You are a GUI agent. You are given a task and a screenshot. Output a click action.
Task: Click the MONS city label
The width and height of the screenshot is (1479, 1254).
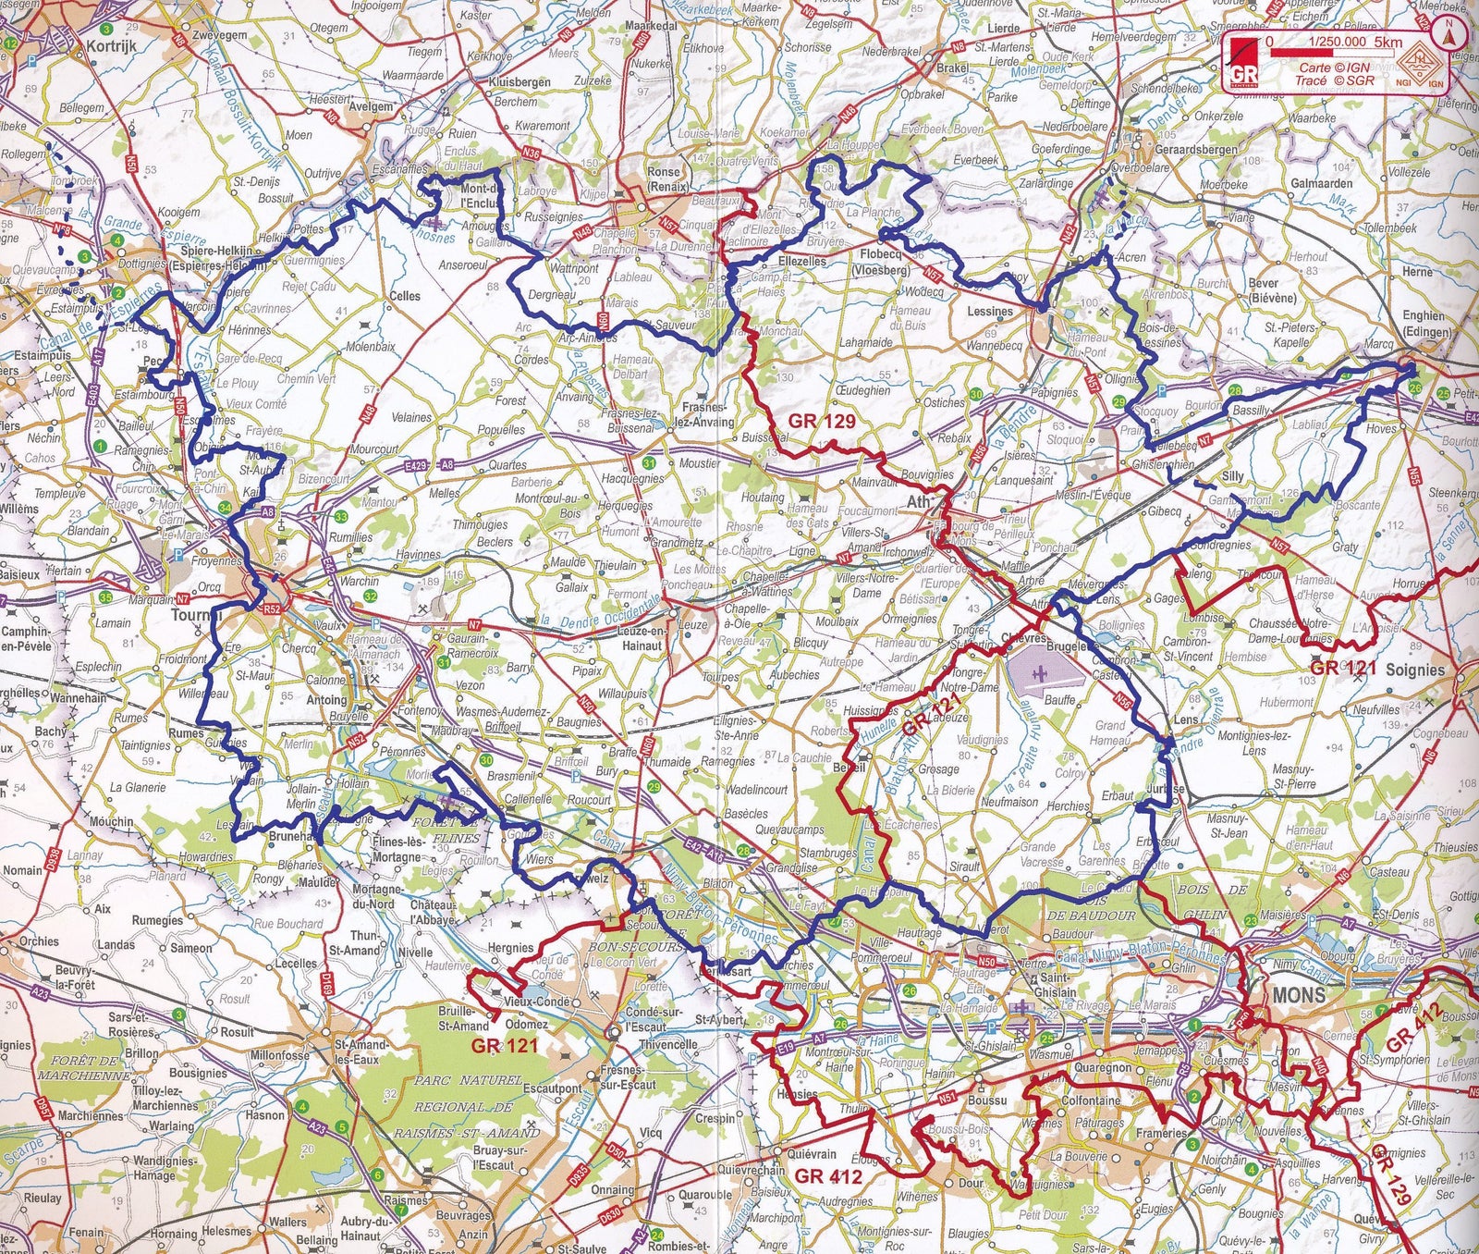(x=1299, y=996)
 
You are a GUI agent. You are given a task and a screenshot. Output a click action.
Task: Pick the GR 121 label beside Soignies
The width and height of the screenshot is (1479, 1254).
(x=1343, y=668)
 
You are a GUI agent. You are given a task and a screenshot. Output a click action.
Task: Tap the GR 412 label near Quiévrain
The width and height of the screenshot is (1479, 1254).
(x=828, y=1177)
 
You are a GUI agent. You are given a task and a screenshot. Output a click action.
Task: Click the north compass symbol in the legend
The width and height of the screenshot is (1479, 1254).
(x=1448, y=36)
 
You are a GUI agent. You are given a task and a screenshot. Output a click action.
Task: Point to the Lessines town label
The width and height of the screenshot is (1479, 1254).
(x=990, y=312)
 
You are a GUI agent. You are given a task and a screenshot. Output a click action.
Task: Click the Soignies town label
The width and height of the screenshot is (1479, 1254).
(x=1414, y=669)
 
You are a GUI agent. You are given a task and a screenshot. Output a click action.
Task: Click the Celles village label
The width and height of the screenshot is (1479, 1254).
(x=405, y=296)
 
